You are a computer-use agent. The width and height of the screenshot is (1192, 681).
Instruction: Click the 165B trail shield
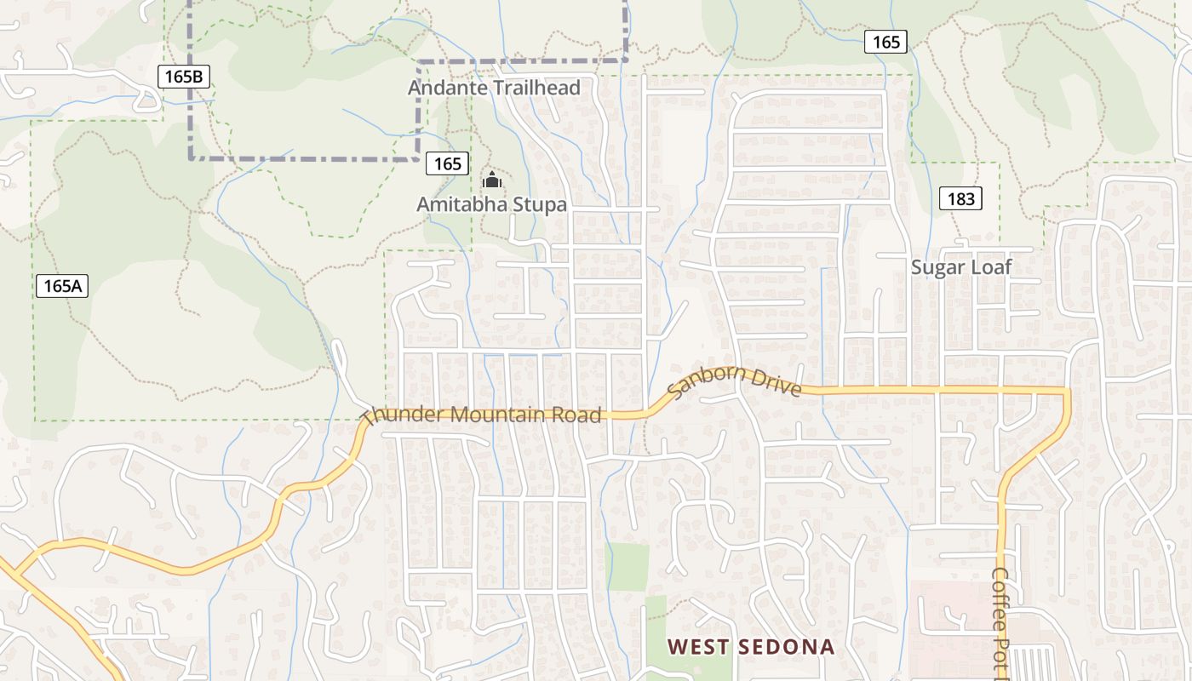(x=184, y=77)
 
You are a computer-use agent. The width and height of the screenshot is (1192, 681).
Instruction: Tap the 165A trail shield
(x=62, y=286)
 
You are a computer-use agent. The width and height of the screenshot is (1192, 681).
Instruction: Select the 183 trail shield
(x=960, y=199)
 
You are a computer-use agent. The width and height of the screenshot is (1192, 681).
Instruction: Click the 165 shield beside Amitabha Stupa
(x=447, y=163)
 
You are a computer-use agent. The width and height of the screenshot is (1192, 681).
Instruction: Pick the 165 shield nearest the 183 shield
(x=885, y=42)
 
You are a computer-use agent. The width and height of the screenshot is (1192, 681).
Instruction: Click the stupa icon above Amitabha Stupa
(x=492, y=180)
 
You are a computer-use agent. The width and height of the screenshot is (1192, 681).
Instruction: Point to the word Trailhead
(x=535, y=88)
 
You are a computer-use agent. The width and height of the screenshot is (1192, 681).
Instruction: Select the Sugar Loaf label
(x=961, y=267)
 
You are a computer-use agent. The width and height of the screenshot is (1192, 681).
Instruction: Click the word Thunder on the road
(x=401, y=416)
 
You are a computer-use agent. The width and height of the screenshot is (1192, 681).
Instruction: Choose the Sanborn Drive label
(x=734, y=381)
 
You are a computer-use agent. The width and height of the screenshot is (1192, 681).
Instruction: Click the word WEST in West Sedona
(x=698, y=647)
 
